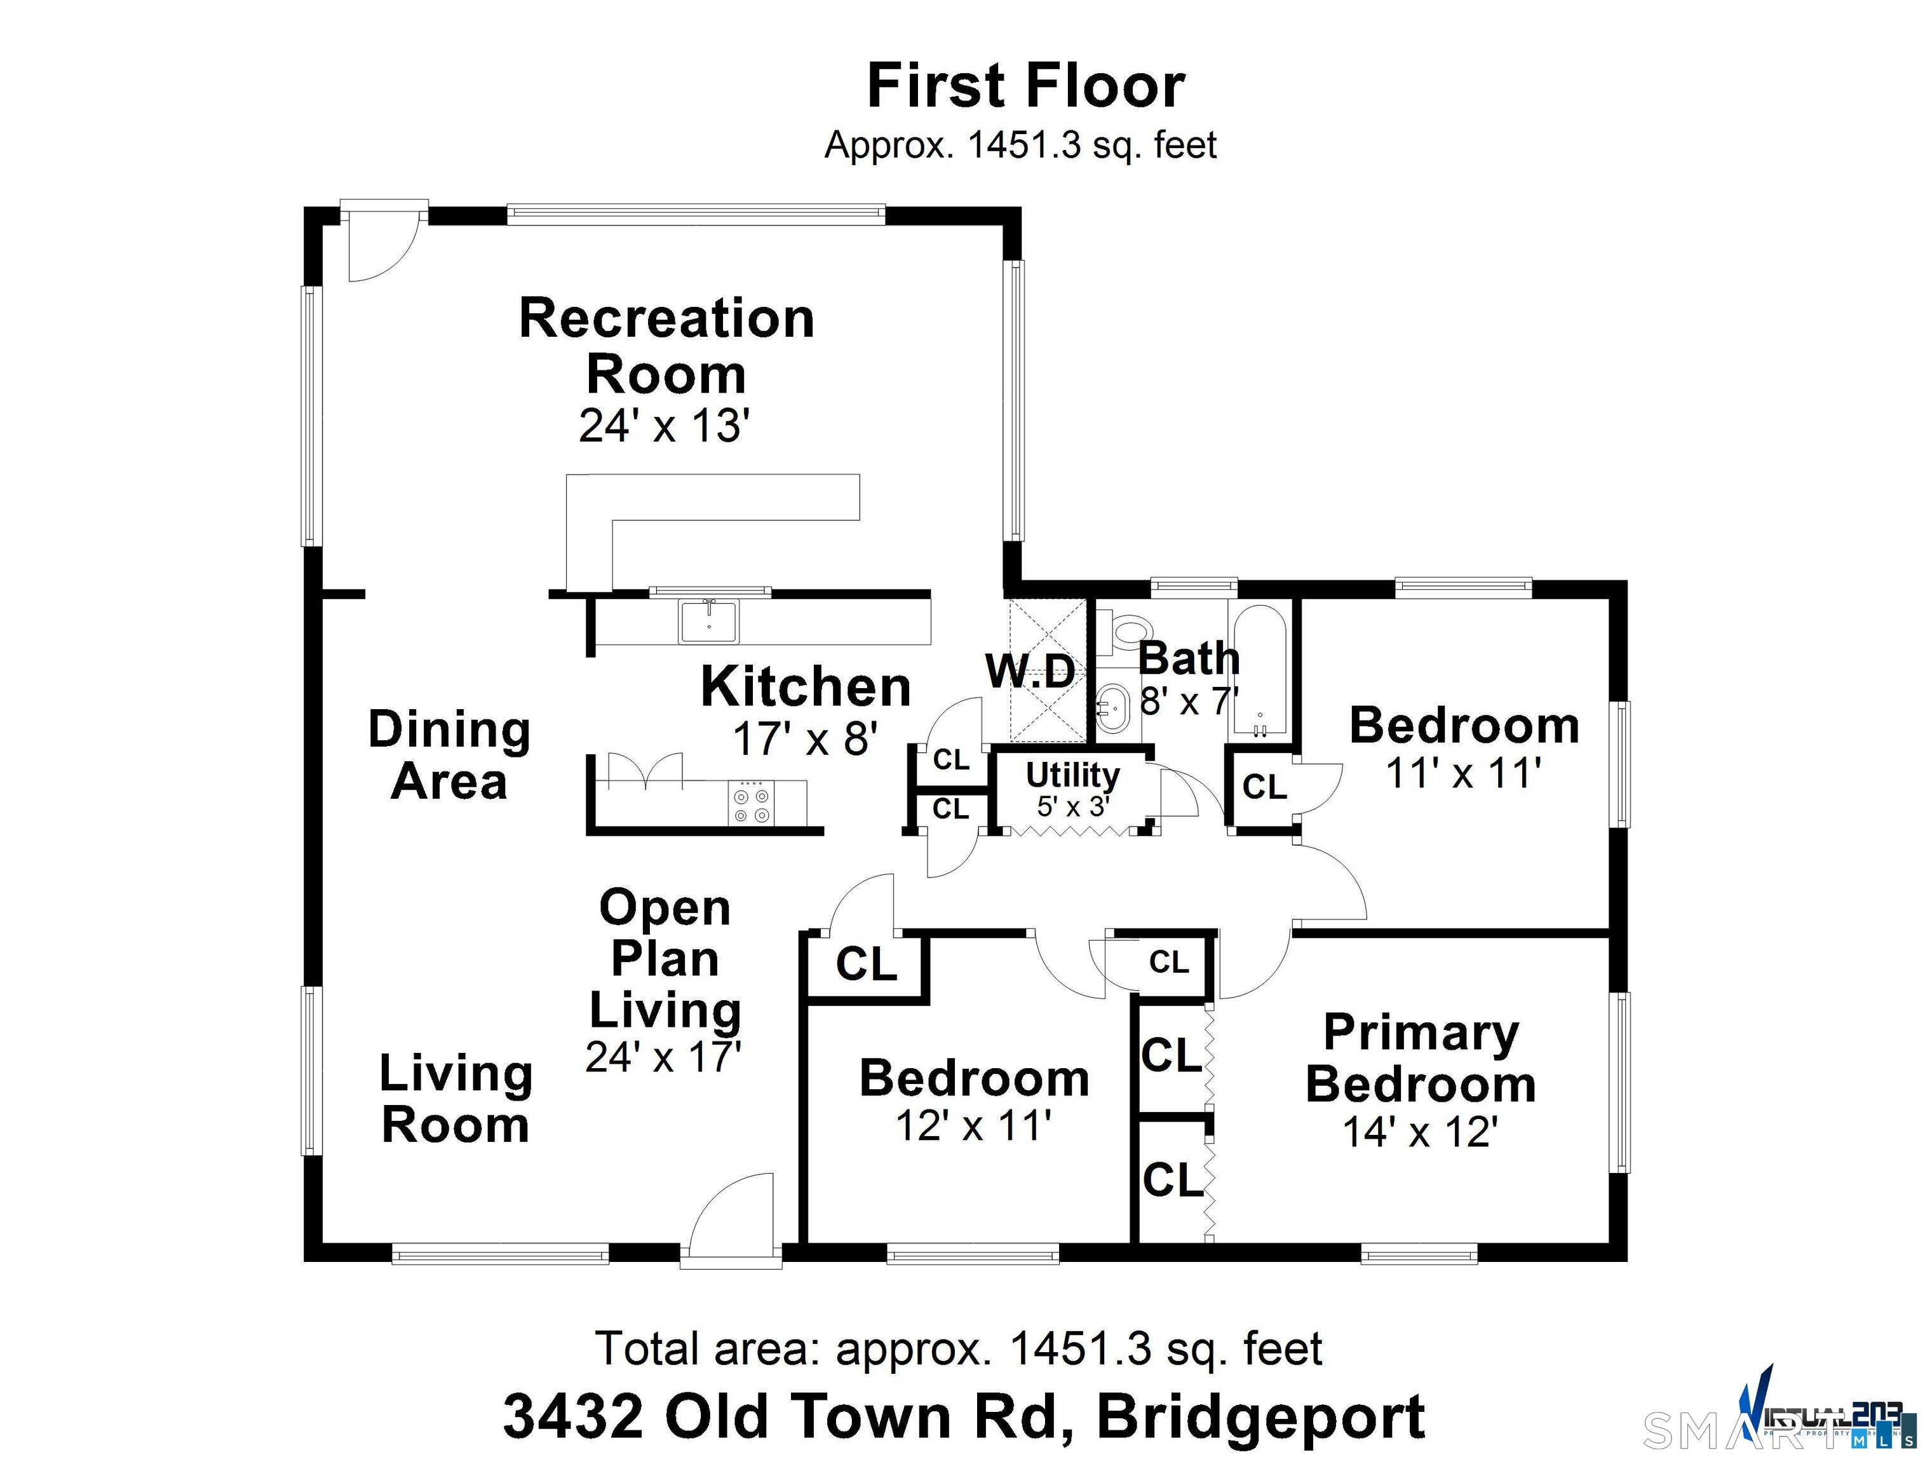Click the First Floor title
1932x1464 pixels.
(1025, 86)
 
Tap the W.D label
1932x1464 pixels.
(1030, 672)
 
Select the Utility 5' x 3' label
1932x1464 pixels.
(1072, 789)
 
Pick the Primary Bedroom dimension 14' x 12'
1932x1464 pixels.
(1420, 1132)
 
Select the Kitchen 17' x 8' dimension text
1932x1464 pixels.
(804, 739)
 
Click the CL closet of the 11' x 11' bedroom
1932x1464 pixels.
(1264, 787)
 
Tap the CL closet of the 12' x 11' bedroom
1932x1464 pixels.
(865, 965)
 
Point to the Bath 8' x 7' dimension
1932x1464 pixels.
(1189, 701)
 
